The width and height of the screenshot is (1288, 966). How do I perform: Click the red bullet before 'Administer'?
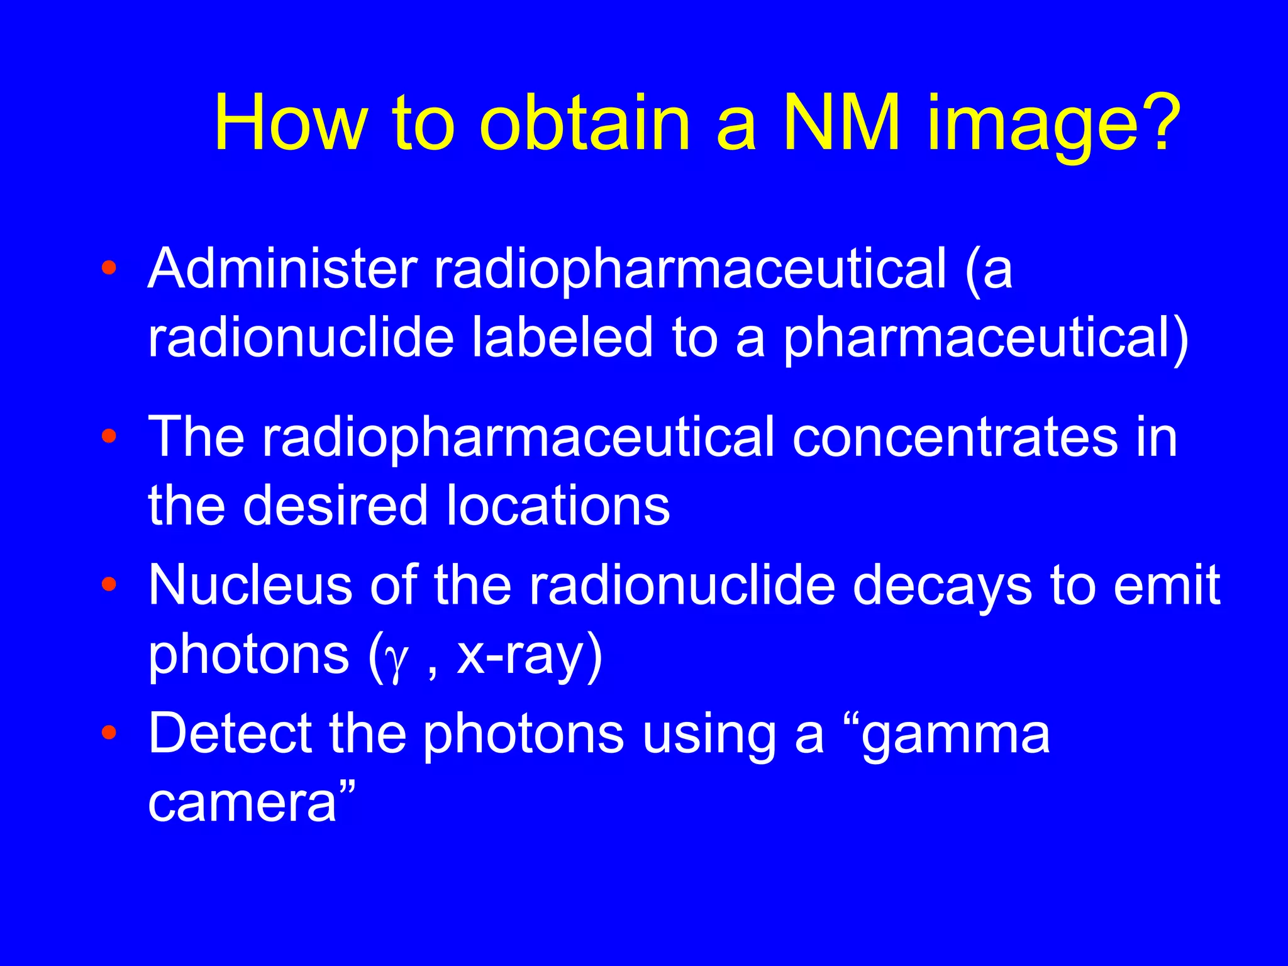click(109, 269)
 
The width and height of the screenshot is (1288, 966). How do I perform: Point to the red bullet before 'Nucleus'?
click(109, 585)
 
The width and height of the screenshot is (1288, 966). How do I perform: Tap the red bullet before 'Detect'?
click(109, 733)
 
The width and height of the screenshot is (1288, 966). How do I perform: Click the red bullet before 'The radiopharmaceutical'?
click(109, 436)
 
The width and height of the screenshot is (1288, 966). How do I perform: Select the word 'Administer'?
click(282, 269)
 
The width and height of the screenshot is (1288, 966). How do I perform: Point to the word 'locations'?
click(558, 506)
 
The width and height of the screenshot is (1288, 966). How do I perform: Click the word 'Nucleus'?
click(250, 585)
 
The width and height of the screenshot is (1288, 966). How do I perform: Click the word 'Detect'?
click(230, 733)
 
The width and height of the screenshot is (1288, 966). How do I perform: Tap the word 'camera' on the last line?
click(243, 804)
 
